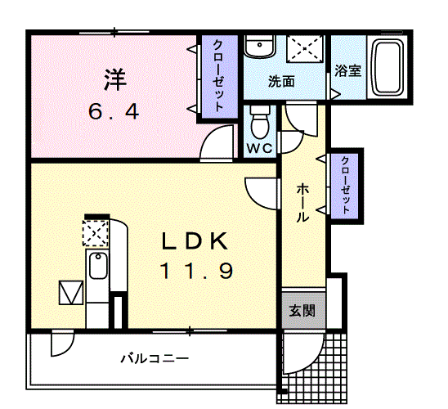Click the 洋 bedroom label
click(115, 80)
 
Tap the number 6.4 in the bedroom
click(114, 110)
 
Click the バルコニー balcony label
click(155, 358)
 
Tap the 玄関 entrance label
click(301, 311)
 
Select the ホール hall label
click(302, 203)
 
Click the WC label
click(260, 148)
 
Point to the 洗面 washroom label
click(281, 83)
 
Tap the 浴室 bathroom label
click(347, 70)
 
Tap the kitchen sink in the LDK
click(96, 267)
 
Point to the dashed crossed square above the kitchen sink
click(95, 236)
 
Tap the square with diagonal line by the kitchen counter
click(70, 292)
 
